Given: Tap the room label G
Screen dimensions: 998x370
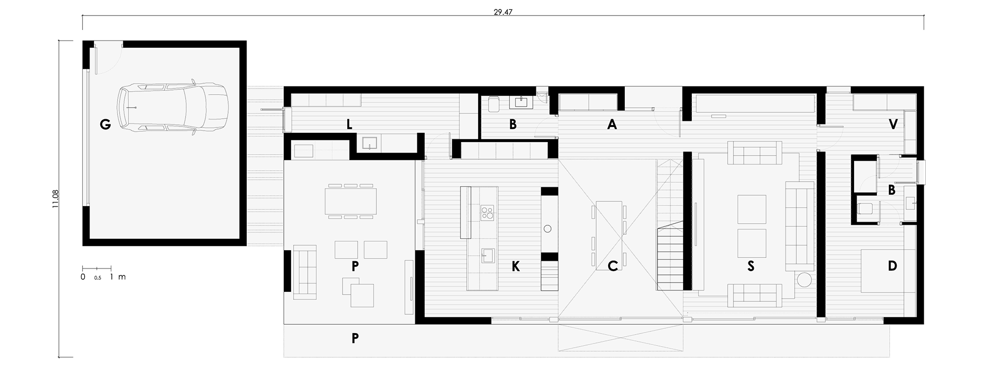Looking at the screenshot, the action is coord(106,124).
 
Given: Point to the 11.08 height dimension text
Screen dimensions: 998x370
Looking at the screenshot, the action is coord(56,199).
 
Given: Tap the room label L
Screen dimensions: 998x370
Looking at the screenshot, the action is coord(349,124).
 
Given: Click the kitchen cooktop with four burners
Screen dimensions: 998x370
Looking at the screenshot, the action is coord(123,212).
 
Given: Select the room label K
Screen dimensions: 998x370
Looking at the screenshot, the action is coord(516,266).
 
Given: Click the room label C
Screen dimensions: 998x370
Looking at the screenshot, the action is coord(613,266).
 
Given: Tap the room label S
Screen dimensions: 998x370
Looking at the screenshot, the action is coord(751,266).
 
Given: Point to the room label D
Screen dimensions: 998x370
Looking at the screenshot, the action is coord(892,266).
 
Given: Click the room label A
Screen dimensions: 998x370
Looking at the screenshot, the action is coord(612,124).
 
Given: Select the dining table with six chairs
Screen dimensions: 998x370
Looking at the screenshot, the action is coord(351,200).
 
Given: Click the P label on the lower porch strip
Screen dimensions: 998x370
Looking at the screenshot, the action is coord(355,338).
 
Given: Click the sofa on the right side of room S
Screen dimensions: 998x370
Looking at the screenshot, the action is coord(799,226).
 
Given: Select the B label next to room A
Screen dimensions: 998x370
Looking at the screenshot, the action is coord(513,124).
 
